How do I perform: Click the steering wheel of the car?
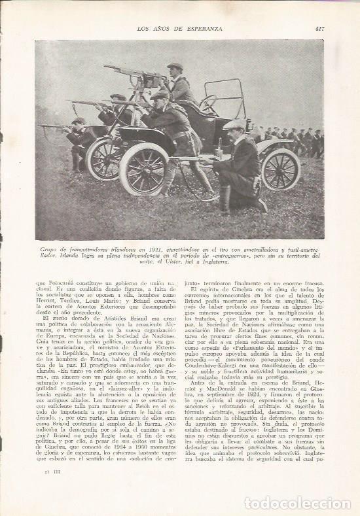[208, 103]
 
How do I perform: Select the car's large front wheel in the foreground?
[145, 169]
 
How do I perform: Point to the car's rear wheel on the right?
[280, 168]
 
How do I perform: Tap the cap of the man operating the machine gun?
[175, 66]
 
